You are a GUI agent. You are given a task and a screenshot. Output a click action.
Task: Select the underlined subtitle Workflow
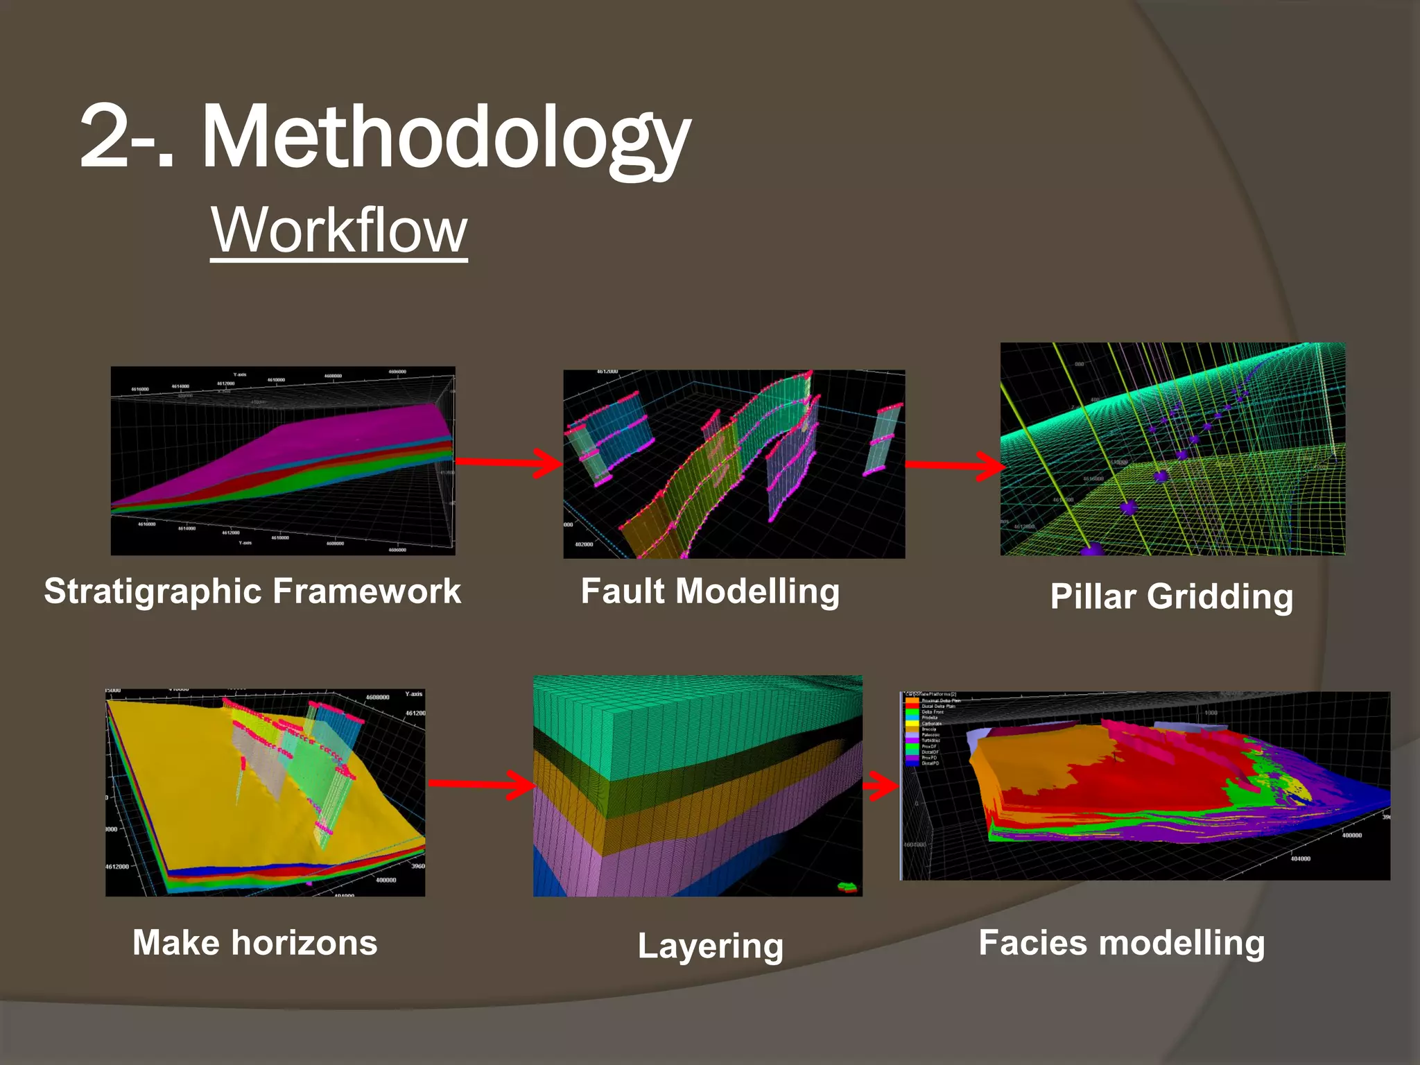click(x=339, y=230)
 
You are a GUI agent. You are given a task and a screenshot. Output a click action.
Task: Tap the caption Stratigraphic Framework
click(x=252, y=591)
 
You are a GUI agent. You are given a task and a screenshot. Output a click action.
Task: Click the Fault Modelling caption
click(x=710, y=591)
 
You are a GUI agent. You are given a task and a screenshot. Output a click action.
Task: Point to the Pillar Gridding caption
click(x=1171, y=596)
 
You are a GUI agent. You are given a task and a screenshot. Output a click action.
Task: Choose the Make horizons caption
click(x=255, y=943)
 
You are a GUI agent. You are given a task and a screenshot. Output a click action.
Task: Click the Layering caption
click(x=710, y=946)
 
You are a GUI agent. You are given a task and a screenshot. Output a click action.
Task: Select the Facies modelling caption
click(x=1121, y=943)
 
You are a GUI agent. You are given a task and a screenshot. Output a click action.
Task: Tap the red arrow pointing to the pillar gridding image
click(x=954, y=465)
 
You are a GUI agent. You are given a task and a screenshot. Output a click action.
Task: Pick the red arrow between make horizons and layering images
click(x=481, y=783)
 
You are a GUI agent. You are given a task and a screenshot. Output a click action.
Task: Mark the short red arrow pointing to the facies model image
click(x=881, y=786)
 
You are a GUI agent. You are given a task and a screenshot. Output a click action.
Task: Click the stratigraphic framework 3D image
click(x=283, y=460)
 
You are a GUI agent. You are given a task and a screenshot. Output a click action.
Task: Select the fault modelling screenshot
click(x=734, y=463)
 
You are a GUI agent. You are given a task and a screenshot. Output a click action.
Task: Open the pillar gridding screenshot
click(x=1172, y=449)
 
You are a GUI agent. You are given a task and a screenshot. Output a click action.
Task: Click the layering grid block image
click(x=698, y=786)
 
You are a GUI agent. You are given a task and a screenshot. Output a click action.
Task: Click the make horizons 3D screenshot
click(x=265, y=792)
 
